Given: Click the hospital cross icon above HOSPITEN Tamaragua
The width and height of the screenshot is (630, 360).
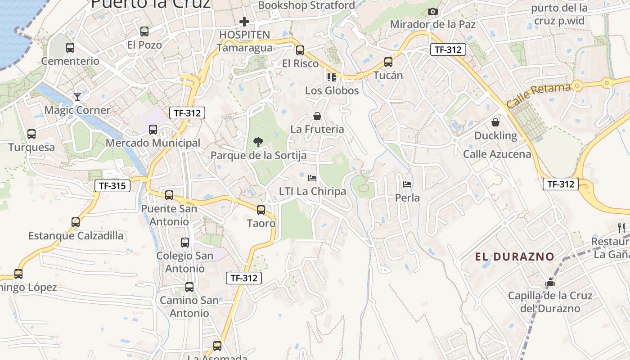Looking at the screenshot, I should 244,21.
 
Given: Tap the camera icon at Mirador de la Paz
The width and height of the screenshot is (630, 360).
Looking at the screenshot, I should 433,12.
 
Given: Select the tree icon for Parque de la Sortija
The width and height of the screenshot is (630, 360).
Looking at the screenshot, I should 258,142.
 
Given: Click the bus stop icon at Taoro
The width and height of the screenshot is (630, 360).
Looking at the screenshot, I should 261,210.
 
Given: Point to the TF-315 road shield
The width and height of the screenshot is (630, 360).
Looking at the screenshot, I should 112,185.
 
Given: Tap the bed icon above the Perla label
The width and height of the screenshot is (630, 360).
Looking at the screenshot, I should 407,184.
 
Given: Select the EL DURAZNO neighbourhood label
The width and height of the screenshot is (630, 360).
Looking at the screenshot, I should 515,257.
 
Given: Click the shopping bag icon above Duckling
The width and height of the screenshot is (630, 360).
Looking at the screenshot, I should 495,122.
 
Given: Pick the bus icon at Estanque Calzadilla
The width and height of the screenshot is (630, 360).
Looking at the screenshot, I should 76,222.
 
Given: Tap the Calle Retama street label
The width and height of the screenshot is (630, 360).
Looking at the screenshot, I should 538,95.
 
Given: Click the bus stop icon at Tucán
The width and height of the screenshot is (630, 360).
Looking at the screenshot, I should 388,62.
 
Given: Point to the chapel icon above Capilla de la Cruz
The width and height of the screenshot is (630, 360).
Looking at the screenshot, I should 550,283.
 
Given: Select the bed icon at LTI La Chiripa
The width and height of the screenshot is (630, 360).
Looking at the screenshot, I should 312,178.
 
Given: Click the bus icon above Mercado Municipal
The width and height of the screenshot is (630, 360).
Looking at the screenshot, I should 153,130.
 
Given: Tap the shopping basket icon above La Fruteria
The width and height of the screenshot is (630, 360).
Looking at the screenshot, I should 317,117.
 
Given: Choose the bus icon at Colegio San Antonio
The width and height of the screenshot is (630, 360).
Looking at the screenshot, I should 185,242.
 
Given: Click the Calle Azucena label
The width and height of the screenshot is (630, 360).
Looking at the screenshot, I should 497,154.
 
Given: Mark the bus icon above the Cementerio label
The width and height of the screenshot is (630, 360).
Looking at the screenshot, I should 70,47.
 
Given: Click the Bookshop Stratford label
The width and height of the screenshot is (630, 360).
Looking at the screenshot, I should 306,5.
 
